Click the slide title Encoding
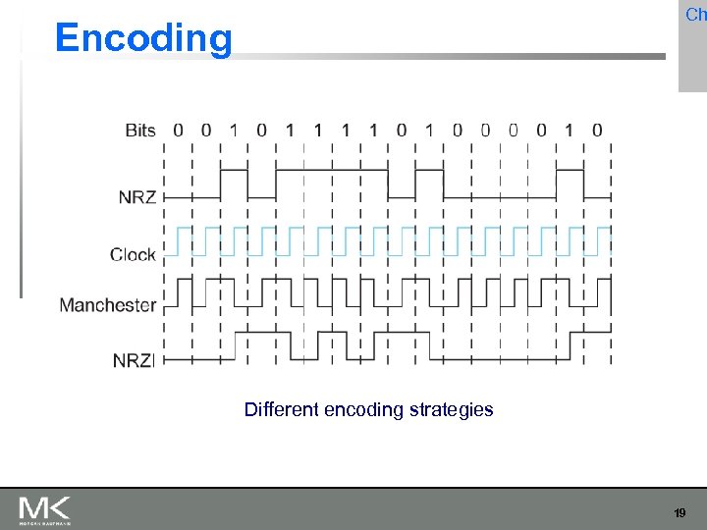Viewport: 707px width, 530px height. coord(144,38)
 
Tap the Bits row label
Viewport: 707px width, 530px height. coord(140,130)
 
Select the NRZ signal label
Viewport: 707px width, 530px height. coord(137,196)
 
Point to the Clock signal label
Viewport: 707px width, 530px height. coord(133,254)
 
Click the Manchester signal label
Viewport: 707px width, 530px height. coord(108,304)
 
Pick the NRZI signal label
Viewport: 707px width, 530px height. coord(134,360)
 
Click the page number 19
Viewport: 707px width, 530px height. coord(680,513)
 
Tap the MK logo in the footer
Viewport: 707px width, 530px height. coord(44,509)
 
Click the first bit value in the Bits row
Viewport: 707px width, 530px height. coord(178,130)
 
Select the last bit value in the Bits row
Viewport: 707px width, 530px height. coord(597,130)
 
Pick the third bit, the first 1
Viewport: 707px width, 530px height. coord(234,130)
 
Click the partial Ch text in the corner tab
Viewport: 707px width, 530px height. coord(695,14)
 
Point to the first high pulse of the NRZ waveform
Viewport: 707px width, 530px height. coord(234,171)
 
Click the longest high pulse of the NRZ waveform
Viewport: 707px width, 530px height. coord(332,171)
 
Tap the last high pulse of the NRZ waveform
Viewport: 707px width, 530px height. coord(570,171)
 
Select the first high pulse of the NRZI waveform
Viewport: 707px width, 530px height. coord(261,334)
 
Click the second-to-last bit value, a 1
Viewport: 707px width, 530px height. coord(570,130)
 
